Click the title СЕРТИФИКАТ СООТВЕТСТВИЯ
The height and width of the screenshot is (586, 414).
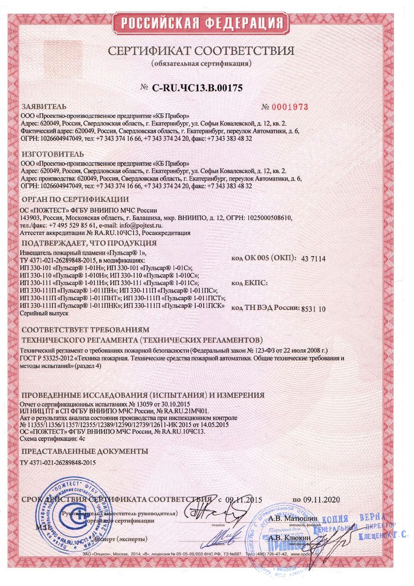(x=200, y=51)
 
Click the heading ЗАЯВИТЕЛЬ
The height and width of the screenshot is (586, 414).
(x=44, y=107)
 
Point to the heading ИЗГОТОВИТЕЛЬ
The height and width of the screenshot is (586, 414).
(x=52, y=153)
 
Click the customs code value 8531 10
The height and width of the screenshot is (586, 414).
(x=312, y=308)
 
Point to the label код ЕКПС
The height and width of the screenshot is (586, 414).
(x=250, y=283)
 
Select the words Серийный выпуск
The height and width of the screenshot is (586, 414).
(x=44, y=313)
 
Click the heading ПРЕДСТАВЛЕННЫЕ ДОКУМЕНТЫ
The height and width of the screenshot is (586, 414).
(x=84, y=451)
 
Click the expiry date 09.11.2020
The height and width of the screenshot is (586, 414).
(x=322, y=500)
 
